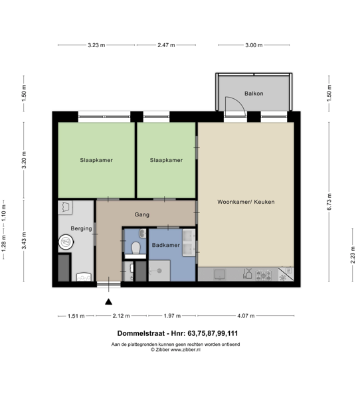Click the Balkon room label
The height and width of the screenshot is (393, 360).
pyautogui.click(x=254, y=94)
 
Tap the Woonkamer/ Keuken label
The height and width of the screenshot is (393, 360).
pyautogui.click(x=246, y=202)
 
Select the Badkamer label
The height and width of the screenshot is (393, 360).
pyautogui.click(x=165, y=245)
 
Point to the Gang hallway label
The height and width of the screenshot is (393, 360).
pyautogui.click(x=142, y=214)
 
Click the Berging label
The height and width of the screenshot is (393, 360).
pyautogui.click(x=81, y=228)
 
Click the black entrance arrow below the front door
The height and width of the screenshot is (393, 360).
pyautogui.click(x=108, y=302)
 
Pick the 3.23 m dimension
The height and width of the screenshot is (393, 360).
pyautogui.click(x=96, y=45)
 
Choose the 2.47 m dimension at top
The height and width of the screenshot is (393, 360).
pyautogui.click(x=166, y=45)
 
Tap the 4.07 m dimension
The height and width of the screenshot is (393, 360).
pyautogui.click(x=246, y=316)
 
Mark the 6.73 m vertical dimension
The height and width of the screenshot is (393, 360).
pyautogui.click(x=329, y=202)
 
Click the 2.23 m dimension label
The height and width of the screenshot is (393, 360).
pyautogui.click(x=353, y=255)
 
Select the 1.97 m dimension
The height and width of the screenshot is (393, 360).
pyautogui.click(x=172, y=316)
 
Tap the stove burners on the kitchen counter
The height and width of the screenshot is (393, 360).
pyautogui.click(x=264, y=275)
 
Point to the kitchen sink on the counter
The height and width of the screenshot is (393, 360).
pyautogui.click(x=220, y=274)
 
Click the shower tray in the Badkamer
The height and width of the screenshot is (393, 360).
pyautogui.click(x=159, y=271)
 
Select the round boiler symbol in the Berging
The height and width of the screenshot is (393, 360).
pyautogui.click(x=66, y=242)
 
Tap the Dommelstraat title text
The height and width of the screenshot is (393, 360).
pyautogui.click(x=177, y=333)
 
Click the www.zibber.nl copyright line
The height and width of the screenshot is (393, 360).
pyautogui.click(x=175, y=350)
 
